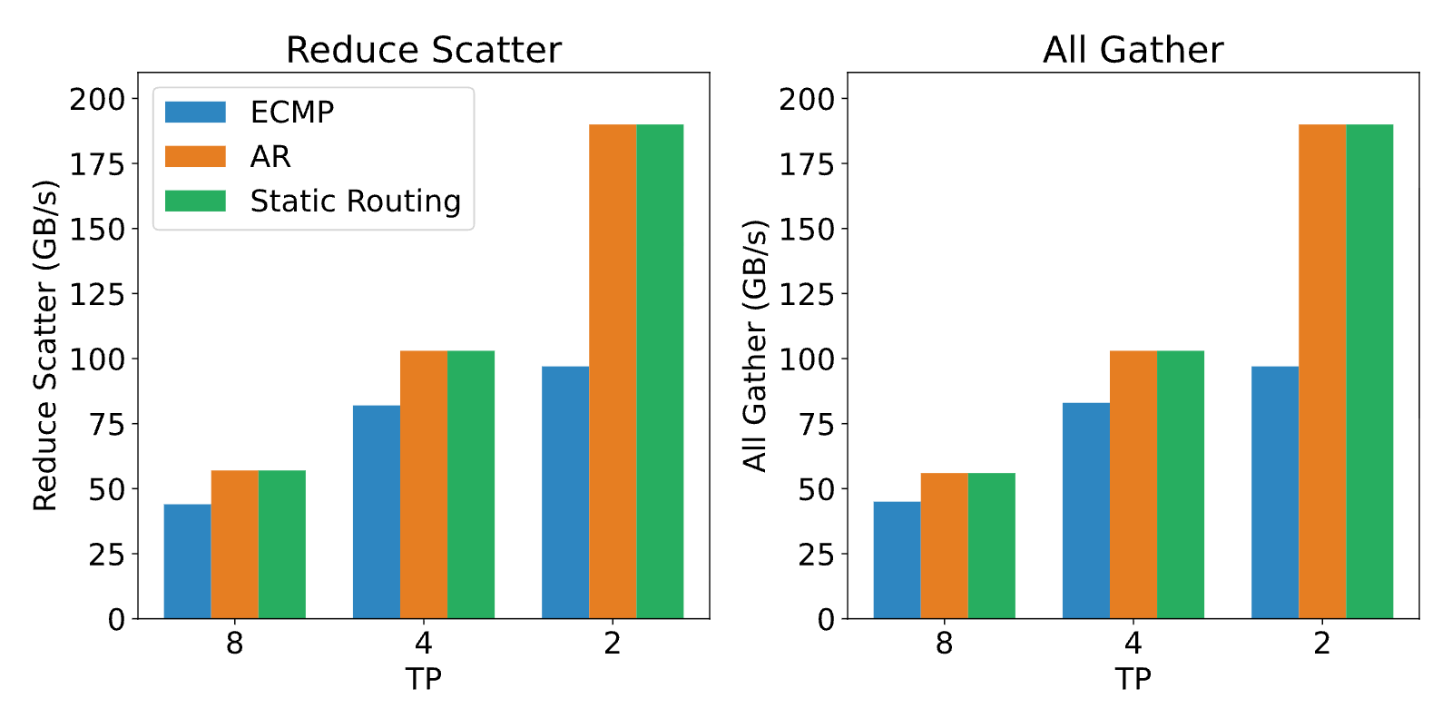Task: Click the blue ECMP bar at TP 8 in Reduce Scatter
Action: pos(187,561)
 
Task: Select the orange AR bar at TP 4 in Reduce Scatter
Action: pos(424,485)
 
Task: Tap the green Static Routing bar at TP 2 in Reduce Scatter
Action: pos(660,371)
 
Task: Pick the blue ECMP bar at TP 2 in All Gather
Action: pos(1275,493)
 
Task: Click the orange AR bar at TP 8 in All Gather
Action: pos(945,546)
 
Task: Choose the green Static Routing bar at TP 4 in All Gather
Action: pos(1181,485)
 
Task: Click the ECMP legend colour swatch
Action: pos(195,113)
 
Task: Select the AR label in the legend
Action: pos(270,157)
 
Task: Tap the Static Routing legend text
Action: pos(355,202)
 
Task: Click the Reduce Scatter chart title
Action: pos(424,50)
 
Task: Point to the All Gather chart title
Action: pos(1133,50)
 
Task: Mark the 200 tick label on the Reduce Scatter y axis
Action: pos(97,100)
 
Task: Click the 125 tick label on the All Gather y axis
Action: pos(807,295)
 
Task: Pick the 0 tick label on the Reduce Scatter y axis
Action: pos(117,620)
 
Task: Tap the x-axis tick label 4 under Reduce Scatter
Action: pos(424,644)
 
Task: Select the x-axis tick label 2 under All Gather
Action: pos(1322,644)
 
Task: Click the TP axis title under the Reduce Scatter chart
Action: pos(424,679)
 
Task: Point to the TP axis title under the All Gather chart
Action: pos(1133,679)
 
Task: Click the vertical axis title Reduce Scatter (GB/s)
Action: pos(45,346)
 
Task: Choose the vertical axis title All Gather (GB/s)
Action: pos(754,346)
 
